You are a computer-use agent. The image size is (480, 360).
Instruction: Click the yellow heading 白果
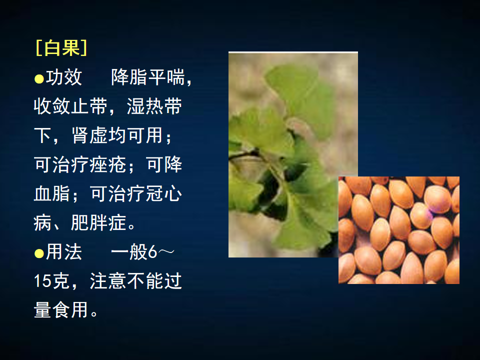[x=62, y=48]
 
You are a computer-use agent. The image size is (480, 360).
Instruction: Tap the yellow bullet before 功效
[x=39, y=78]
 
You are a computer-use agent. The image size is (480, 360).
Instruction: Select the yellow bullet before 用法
[x=39, y=253]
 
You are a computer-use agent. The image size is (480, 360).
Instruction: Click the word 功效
[x=64, y=77]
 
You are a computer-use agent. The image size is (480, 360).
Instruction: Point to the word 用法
[x=64, y=252]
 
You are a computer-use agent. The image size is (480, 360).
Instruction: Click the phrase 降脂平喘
[x=148, y=77]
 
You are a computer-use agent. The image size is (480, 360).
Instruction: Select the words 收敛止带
[x=70, y=106]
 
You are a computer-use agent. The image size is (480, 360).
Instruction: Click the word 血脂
[x=52, y=193]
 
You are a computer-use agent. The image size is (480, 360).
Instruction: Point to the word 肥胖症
[x=98, y=222]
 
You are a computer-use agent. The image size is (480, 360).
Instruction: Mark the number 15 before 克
[x=42, y=281]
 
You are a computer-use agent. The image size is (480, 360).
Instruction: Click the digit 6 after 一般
[x=152, y=252]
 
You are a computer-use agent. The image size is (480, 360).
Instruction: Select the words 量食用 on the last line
[x=61, y=310]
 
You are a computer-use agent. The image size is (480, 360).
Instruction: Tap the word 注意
[x=108, y=281]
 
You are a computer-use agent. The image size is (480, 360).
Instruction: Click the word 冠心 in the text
[x=164, y=193]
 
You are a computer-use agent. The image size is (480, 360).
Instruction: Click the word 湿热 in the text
[x=145, y=106]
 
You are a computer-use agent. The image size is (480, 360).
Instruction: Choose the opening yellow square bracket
[x=39, y=48]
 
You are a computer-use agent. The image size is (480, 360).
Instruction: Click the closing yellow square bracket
[x=84, y=48]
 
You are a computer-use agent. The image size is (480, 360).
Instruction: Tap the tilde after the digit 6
[x=166, y=251]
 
